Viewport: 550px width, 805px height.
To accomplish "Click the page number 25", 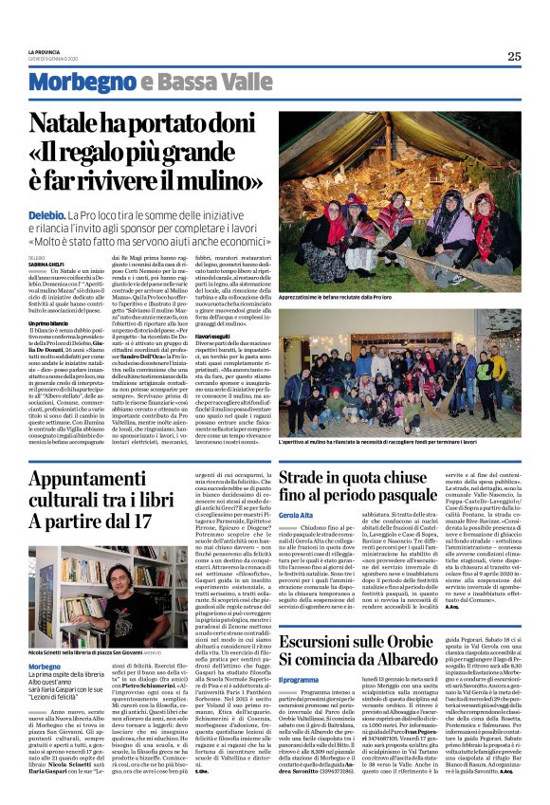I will pos(513,56).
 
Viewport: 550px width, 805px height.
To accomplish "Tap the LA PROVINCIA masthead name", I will pos(45,51).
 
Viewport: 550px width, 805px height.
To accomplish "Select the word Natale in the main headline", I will pos(69,121).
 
